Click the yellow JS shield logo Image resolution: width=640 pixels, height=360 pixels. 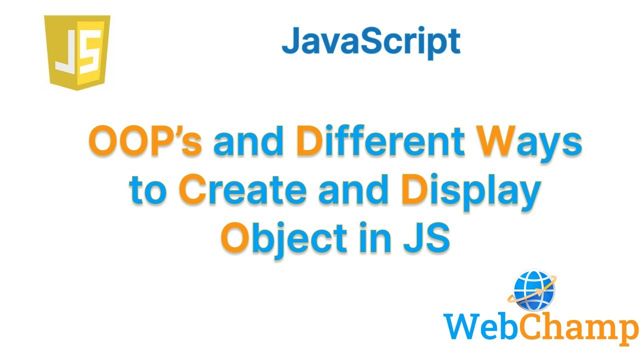77,52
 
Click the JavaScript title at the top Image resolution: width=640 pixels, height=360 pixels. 370,41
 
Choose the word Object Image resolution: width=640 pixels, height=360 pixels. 283,239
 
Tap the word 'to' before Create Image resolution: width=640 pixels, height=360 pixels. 148,192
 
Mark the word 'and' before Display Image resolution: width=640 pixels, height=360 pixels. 353,191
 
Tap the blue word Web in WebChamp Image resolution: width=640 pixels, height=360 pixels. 480,327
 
